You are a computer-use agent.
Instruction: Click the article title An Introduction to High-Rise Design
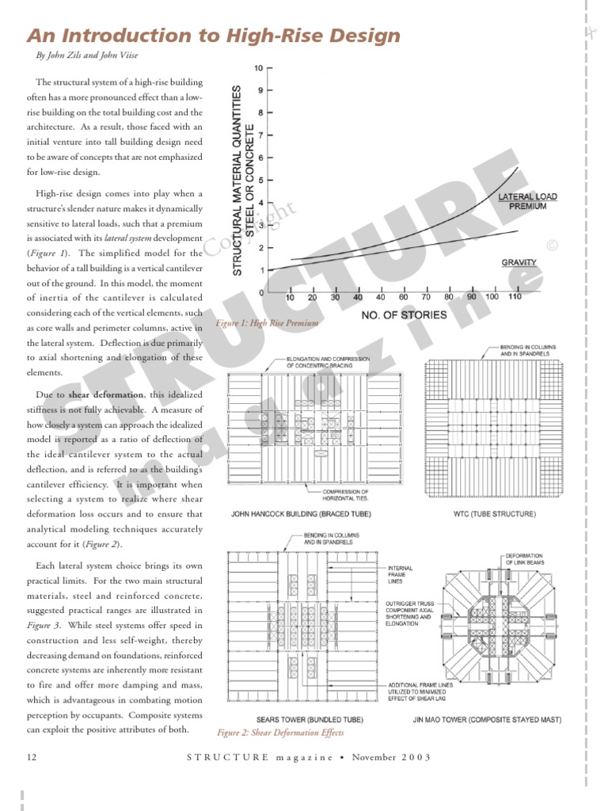214,36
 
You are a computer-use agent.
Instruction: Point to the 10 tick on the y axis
259,68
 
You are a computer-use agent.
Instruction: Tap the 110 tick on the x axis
515,297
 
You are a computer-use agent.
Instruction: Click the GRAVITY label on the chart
519,262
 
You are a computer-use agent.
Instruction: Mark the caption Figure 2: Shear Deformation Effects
280,733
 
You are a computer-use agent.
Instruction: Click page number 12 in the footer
32,757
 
